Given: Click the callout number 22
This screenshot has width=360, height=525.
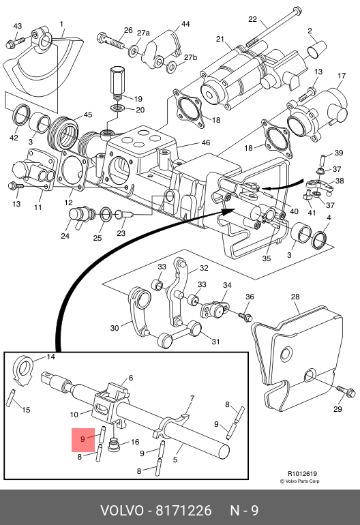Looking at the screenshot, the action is (x=252, y=19).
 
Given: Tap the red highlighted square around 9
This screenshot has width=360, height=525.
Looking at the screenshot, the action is (x=83, y=440).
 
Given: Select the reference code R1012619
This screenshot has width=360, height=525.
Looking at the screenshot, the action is (x=302, y=473).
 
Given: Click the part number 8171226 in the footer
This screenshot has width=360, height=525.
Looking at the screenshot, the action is (x=184, y=511).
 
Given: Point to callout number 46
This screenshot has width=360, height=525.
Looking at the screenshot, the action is (x=206, y=142).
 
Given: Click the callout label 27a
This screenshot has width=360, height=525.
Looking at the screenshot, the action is (x=143, y=33).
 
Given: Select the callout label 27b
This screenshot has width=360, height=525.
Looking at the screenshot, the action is (x=190, y=57).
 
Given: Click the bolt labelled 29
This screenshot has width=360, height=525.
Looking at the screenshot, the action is (x=346, y=391).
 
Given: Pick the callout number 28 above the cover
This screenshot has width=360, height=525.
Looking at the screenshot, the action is (x=295, y=297).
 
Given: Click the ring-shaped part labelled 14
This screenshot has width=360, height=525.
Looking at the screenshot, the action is (x=22, y=370).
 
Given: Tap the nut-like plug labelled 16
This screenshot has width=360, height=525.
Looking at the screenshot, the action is (x=114, y=445).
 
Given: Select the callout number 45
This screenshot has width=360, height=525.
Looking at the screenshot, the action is (x=88, y=115).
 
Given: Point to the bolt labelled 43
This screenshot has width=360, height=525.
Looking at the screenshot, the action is (x=16, y=42).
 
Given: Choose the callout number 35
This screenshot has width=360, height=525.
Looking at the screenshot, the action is (x=266, y=258).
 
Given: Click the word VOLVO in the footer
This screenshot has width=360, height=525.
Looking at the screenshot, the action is (x=121, y=511).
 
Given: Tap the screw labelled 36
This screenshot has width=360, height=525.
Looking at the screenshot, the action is (x=245, y=316).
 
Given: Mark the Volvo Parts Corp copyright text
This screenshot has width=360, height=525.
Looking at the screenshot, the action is (x=300, y=481).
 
